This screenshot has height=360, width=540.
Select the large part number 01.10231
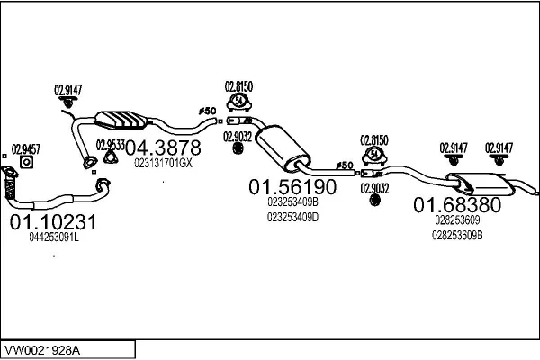pyautogui.click(x=53, y=221)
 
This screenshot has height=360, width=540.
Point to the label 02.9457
pyautogui.click(x=25, y=148)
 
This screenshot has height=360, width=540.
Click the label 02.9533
pyautogui.click(x=110, y=144)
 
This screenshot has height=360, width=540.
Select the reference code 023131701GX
pyautogui.click(x=163, y=163)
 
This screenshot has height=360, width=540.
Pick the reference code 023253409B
pyautogui.click(x=292, y=202)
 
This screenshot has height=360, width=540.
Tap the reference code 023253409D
pyautogui.click(x=293, y=216)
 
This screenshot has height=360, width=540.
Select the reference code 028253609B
pyautogui.click(x=457, y=235)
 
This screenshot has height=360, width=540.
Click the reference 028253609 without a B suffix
pyautogui.click(x=454, y=220)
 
